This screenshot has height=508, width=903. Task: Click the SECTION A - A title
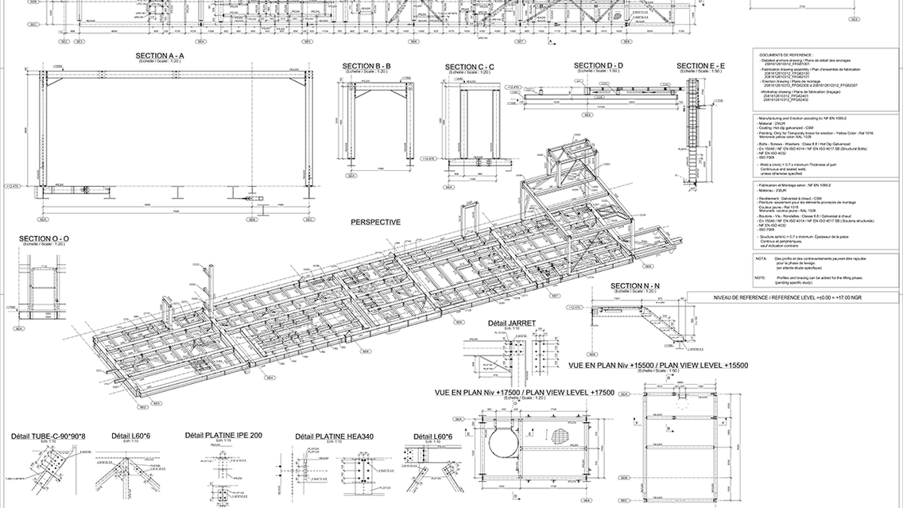[149, 55]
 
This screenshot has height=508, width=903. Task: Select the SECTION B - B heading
[366, 65]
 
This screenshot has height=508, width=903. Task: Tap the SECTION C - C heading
[469, 67]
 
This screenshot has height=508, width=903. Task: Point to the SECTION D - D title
[598, 65]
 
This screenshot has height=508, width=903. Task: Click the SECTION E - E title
[700, 65]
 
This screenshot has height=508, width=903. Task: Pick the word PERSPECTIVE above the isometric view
[375, 223]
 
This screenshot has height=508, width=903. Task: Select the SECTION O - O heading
[44, 238]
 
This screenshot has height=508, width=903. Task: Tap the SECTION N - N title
[636, 285]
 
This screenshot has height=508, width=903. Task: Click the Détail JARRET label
[511, 323]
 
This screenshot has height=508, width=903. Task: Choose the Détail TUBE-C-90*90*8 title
[48, 436]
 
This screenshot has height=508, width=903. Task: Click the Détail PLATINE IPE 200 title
[223, 435]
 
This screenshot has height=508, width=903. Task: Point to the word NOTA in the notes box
[761, 259]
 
